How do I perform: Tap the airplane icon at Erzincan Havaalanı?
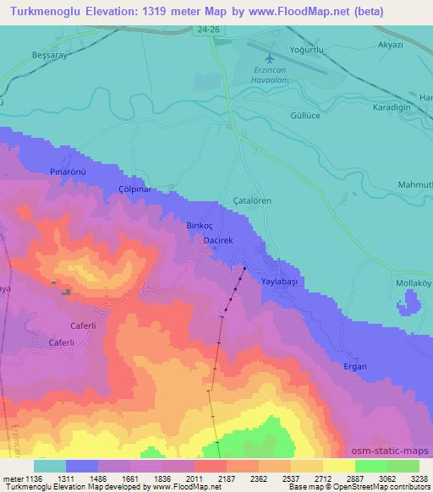coord(270,58)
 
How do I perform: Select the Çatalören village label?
coord(252,200)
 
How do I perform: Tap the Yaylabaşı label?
coord(282,280)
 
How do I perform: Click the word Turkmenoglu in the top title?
coord(42,12)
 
